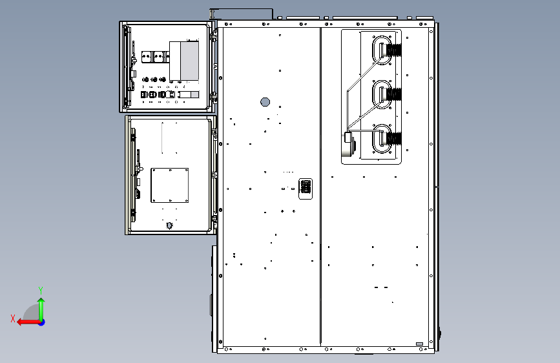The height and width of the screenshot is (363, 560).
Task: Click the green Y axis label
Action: (x=41, y=290)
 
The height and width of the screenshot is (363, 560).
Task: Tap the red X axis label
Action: (x=13, y=318)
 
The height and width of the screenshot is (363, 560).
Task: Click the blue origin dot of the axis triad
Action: (x=42, y=322)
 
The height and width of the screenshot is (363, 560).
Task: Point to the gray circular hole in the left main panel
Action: (x=265, y=102)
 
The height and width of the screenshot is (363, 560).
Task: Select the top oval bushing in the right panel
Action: (x=382, y=50)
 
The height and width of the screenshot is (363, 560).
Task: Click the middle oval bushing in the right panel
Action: (x=382, y=95)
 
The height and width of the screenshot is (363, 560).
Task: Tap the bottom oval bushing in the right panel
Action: (x=382, y=139)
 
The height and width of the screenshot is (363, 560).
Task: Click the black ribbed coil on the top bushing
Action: (x=394, y=50)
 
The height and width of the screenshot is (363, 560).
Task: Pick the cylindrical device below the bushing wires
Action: (x=349, y=144)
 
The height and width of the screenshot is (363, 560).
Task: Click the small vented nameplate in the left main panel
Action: (x=306, y=189)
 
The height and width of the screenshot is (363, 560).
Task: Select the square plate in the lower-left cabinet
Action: (x=170, y=185)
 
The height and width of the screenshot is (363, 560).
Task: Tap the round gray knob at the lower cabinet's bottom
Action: (x=170, y=225)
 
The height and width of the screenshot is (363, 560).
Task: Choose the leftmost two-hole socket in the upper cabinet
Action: (x=147, y=57)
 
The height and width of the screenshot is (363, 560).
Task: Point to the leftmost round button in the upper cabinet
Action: (x=145, y=79)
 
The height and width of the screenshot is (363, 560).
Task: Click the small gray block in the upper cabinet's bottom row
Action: (x=194, y=95)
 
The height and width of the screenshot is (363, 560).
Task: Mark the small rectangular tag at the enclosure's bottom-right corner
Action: (x=420, y=344)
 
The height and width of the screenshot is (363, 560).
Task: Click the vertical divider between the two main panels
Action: (x=321, y=187)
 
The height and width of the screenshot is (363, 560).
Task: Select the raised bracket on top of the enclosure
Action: (x=242, y=14)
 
